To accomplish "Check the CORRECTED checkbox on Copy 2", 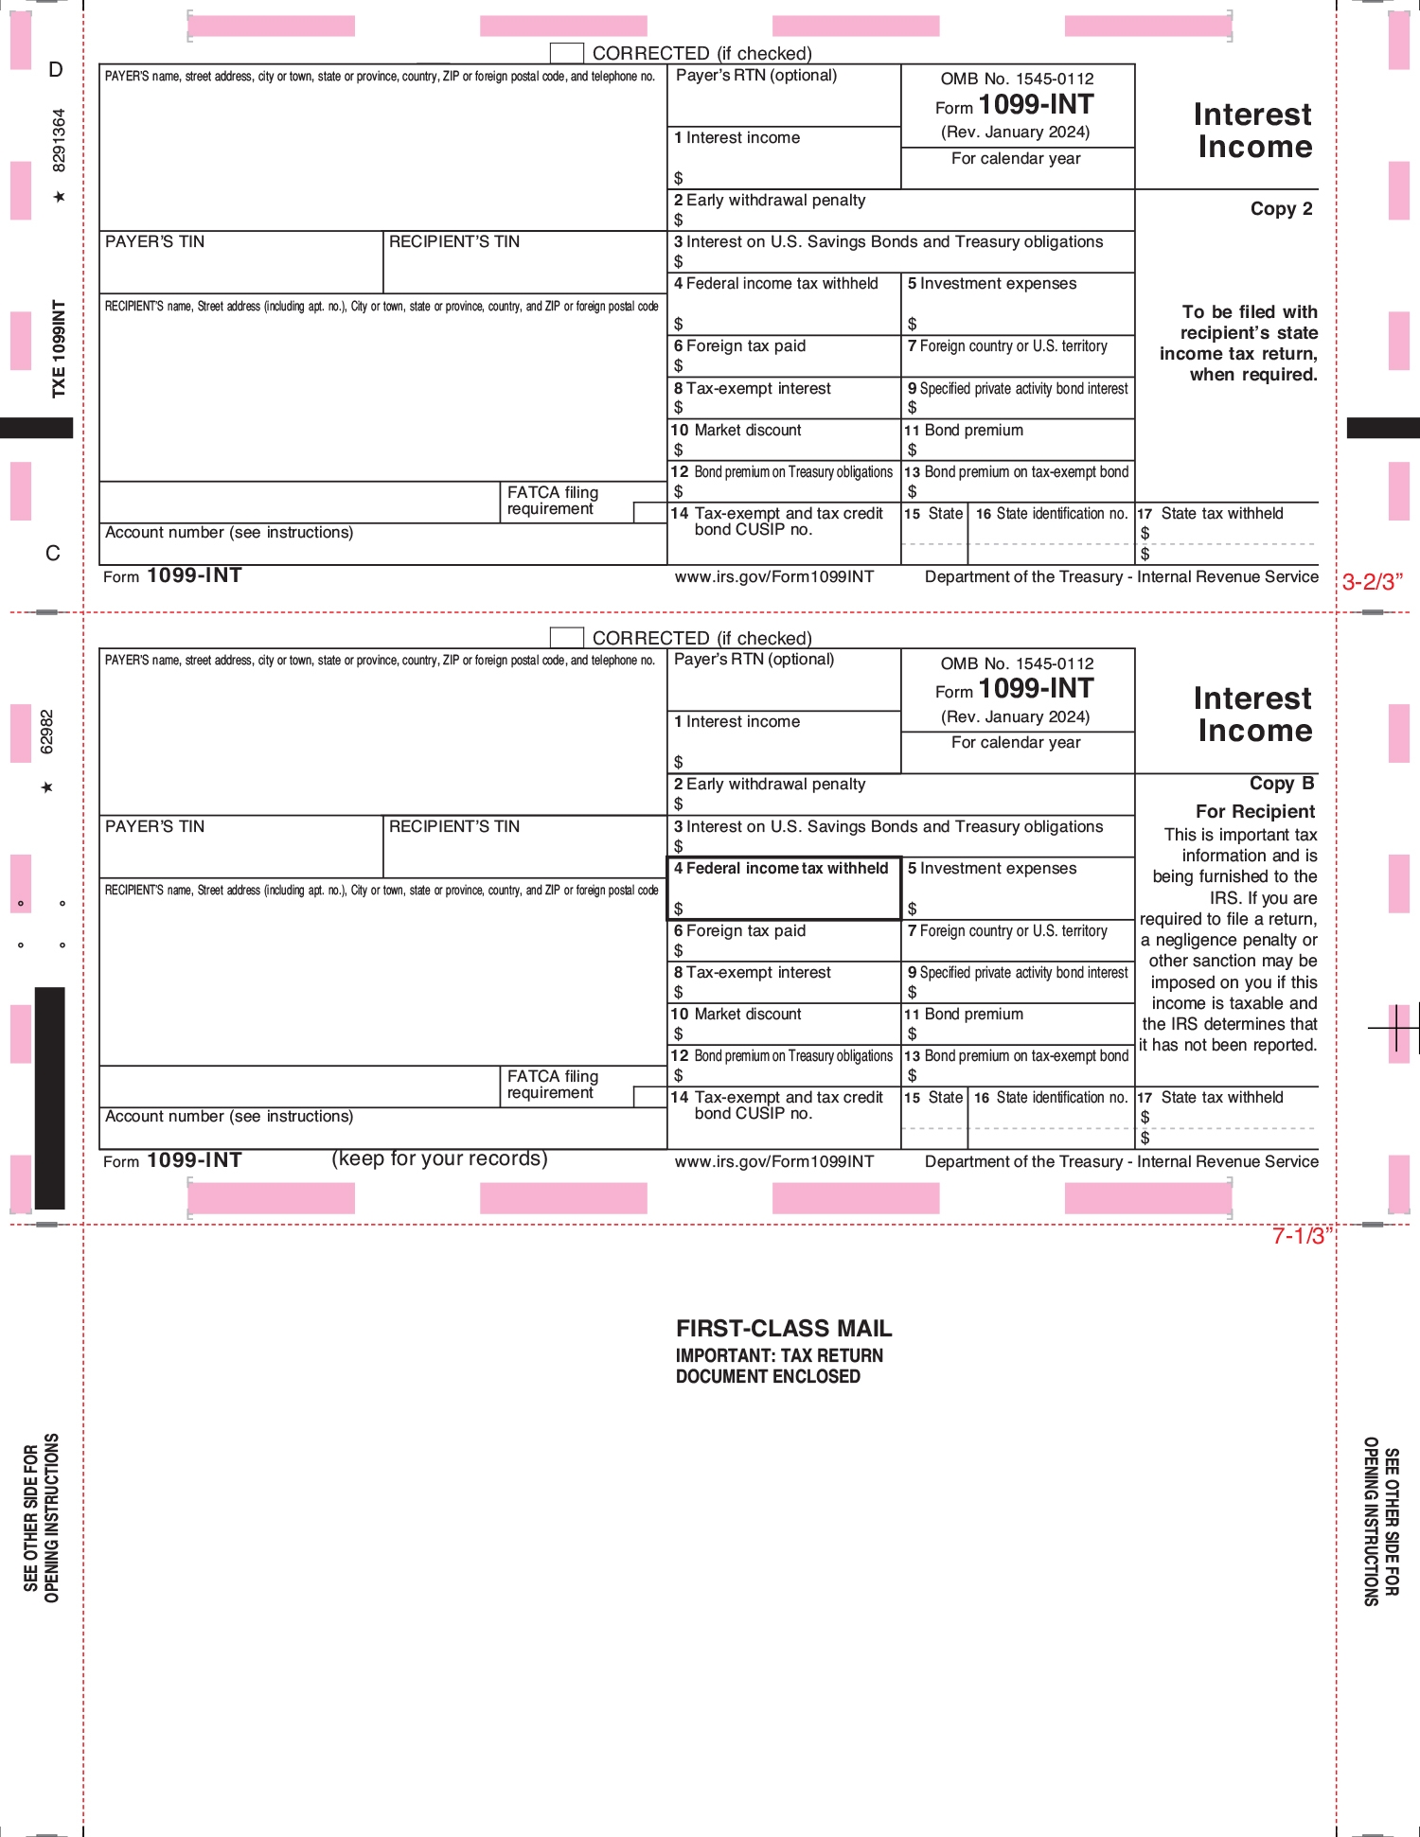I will click(566, 53).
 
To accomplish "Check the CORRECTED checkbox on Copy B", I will click(566, 638).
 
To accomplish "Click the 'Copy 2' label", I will click(1281, 209).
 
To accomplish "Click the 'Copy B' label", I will click(1281, 784).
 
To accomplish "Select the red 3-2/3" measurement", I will click(1372, 582).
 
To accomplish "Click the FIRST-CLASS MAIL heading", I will click(784, 1329).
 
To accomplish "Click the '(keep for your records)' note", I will click(439, 1158).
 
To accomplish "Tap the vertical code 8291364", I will click(59, 140).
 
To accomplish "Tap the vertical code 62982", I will click(47, 732).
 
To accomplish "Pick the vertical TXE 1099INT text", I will click(59, 348).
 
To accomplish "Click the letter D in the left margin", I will click(56, 70).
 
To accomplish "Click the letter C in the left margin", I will click(53, 554).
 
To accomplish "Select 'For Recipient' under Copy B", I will click(1254, 812).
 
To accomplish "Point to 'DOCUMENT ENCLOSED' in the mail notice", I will click(768, 1377).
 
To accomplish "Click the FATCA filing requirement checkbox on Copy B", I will click(649, 1097).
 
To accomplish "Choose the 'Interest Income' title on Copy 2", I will click(1253, 131).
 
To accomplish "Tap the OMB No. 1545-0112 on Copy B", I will click(1017, 663).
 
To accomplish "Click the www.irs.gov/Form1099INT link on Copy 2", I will click(773, 577).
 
